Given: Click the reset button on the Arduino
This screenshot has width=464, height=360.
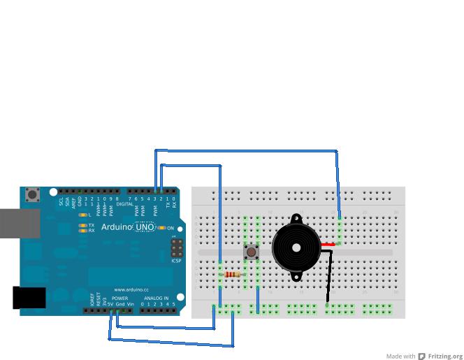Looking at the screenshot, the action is (x=32, y=195).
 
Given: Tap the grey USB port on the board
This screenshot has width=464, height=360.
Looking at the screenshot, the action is (x=20, y=224).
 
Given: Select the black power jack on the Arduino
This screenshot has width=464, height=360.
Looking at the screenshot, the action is (x=29, y=298).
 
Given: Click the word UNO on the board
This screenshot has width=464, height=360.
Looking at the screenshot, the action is (x=145, y=227).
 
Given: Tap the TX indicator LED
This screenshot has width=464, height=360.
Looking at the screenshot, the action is (x=82, y=225).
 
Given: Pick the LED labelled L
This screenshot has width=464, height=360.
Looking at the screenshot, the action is (x=82, y=215).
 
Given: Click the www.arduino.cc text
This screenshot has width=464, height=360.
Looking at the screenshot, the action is (x=131, y=289).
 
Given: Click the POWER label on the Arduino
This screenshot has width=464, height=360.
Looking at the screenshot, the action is (x=119, y=298).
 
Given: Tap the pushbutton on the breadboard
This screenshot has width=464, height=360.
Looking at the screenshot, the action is (x=251, y=252).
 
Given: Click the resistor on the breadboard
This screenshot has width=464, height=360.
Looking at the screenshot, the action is (x=233, y=275).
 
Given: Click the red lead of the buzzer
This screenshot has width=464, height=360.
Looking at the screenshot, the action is (x=328, y=244).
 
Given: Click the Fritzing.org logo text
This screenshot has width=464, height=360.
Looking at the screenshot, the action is (x=445, y=357).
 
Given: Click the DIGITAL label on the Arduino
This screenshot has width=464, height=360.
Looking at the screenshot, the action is (x=125, y=204).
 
